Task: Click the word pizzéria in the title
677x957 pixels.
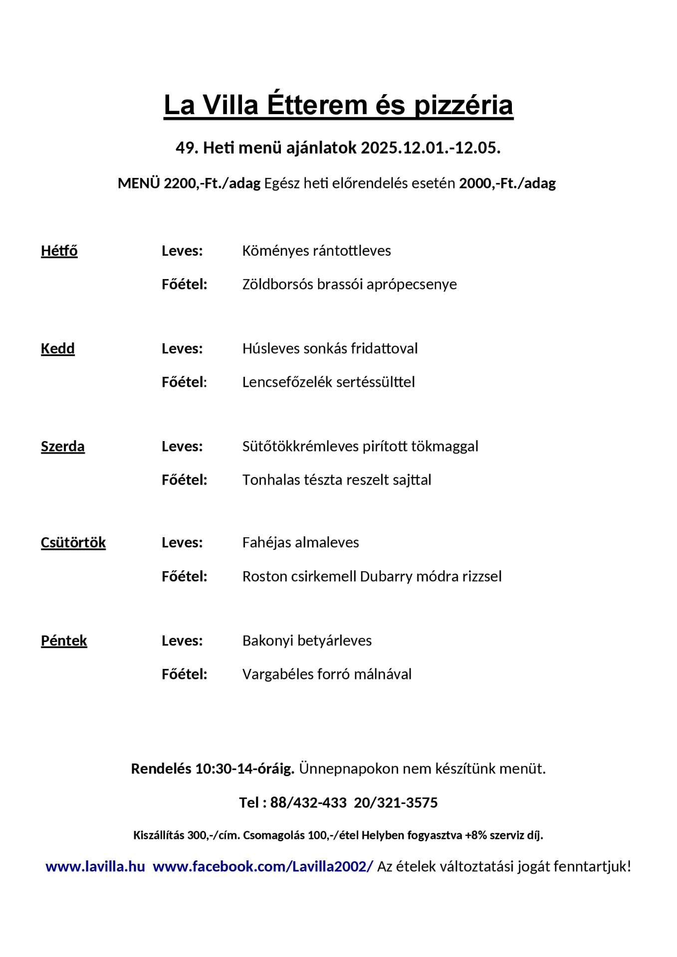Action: [x=463, y=105]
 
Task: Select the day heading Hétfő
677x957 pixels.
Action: [x=59, y=251]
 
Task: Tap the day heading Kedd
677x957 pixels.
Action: [x=58, y=348]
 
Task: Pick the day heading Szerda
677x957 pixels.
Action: [x=63, y=446]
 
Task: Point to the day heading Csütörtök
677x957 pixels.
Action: [x=73, y=542]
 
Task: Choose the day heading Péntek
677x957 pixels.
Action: [x=64, y=640]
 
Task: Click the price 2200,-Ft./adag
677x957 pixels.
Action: [x=212, y=183]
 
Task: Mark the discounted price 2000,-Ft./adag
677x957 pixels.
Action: [x=507, y=183]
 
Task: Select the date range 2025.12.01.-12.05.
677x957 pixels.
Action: [x=430, y=148]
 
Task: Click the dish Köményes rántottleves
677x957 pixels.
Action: [x=316, y=251]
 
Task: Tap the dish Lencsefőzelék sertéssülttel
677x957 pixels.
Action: [x=328, y=382]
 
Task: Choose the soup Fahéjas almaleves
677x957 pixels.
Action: [x=300, y=542]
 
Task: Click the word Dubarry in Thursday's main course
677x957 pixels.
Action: [x=386, y=576]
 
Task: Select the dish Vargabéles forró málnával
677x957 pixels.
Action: [x=327, y=674]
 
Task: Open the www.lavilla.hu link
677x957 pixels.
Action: [x=95, y=866]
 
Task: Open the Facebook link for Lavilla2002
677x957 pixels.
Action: [x=262, y=866]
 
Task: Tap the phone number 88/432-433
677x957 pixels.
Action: [x=308, y=802]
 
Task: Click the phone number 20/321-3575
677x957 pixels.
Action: [x=396, y=802]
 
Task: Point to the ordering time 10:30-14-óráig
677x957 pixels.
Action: [x=244, y=769]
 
